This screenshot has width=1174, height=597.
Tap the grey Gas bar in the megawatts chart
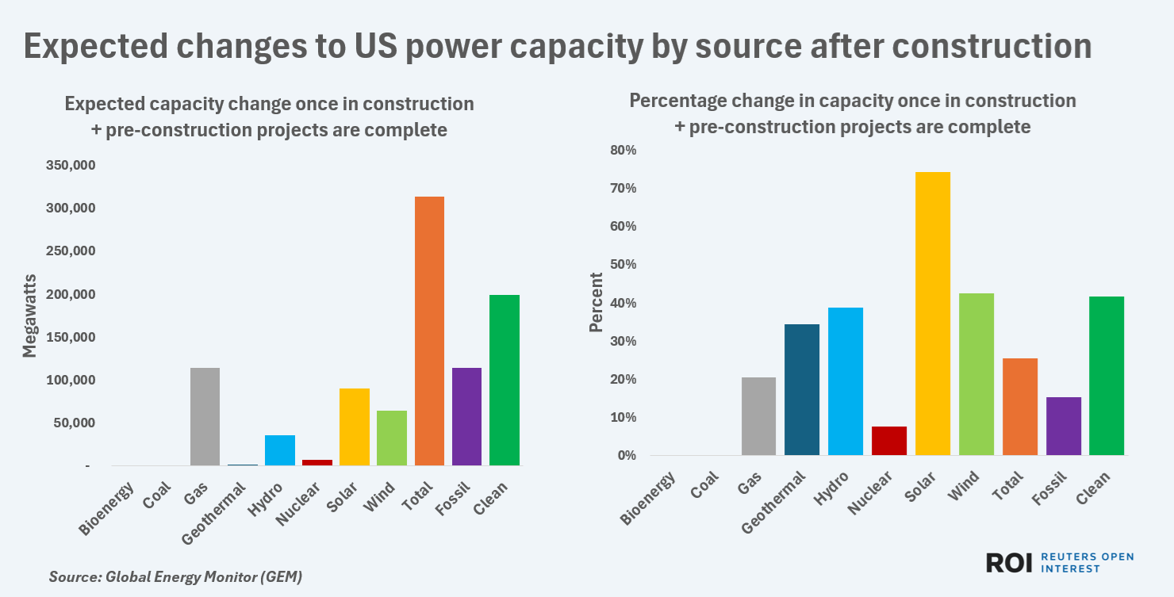click(x=205, y=416)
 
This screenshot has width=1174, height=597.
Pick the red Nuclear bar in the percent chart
click(x=889, y=441)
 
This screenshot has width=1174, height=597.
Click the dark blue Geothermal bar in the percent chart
click(x=802, y=389)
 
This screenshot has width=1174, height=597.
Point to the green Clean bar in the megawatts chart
click(x=505, y=380)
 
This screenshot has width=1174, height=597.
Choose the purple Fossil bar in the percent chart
click(x=1064, y=426)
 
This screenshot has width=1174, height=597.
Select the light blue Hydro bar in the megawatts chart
click(x=280, y=450)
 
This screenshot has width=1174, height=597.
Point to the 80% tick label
click(x=623, y=151)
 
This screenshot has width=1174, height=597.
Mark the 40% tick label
click(x=623, y=303)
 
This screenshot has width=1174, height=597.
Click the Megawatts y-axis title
click(x=29, y=316)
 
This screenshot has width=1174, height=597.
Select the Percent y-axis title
click(x=596, y=303)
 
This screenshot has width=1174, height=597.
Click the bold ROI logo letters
click(x=1009, y=563)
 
